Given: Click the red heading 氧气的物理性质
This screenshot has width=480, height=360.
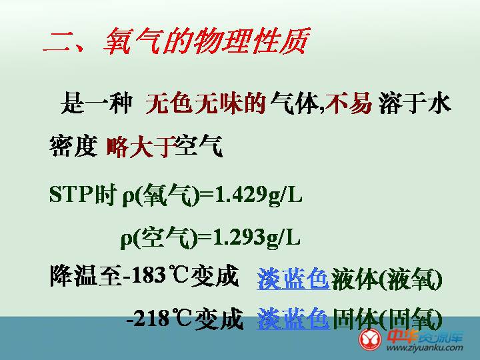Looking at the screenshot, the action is coord(206,41).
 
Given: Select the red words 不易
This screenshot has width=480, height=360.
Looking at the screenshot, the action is coord(349,103).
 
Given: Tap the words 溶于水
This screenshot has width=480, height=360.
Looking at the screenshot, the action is coord(415,103).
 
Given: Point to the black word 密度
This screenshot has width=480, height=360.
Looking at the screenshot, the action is coord(73,146).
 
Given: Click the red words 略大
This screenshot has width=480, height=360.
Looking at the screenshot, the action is coord(130,146).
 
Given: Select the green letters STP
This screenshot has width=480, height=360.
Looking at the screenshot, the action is coord(71,194).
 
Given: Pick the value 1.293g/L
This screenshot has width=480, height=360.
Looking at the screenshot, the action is coord(257,238).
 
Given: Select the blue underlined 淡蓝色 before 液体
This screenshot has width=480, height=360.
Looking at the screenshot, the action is coord(293,279).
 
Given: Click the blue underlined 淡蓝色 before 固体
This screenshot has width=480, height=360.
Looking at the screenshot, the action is coord(293,319).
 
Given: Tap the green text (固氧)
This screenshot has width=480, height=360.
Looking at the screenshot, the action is coord(411,319).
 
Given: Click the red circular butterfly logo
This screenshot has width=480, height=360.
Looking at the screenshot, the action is coord(371,339).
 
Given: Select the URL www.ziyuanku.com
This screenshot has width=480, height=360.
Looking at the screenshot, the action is coord(425,347).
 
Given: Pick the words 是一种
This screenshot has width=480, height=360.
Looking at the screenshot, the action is coord(97,103).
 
